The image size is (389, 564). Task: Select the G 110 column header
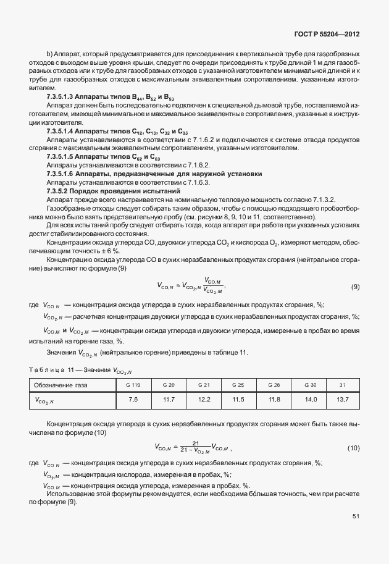(133, 385)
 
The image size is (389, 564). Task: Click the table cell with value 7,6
(133, 400)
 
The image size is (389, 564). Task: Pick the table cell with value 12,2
(204, 400)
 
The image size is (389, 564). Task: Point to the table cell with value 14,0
(311, 400)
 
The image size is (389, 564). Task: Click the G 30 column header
(311, 385)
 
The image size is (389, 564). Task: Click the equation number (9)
(355, 286)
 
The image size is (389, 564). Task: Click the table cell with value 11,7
(169, 400)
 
